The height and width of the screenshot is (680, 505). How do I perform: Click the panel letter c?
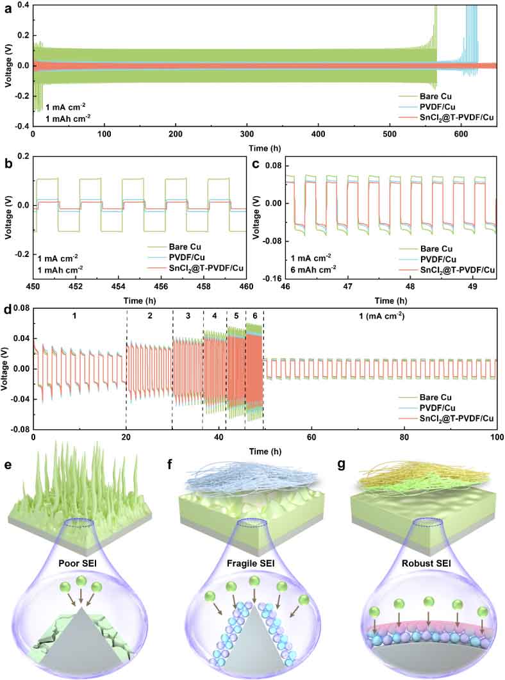(x=256, y=163)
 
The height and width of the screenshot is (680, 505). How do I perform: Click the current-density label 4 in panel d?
(x=214, y=316)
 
